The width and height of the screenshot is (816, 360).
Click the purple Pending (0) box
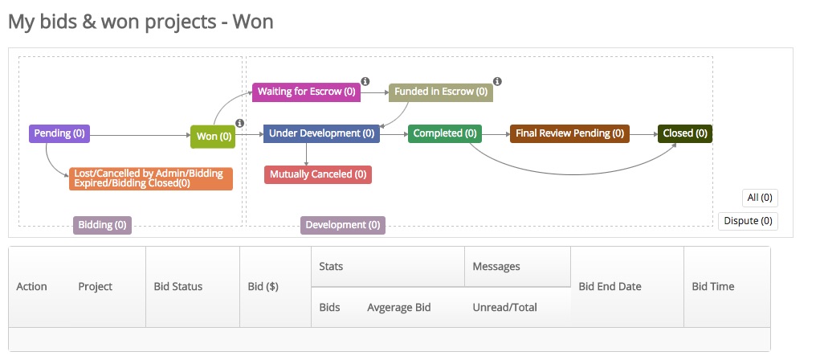click(59, 133)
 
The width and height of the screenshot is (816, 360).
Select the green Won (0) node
click(213, 137)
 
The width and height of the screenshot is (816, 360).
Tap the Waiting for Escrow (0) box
click(306, 92)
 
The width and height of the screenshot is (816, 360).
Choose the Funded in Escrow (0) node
click(440, 92)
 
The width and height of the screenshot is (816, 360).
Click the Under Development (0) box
click(321, 133)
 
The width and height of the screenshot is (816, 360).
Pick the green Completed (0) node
click(444, 133)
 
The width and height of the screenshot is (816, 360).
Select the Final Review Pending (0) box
click(569, 133)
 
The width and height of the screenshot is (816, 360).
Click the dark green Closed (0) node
click(684, 133)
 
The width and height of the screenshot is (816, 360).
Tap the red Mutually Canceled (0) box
click(318, 174)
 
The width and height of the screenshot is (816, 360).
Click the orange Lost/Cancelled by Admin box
click(151, 178)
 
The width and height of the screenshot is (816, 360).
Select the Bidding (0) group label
click(102, 225)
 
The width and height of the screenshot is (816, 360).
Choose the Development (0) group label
click(343, 225)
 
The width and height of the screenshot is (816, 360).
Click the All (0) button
click(759, 198)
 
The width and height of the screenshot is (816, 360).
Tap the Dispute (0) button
click(747, 221)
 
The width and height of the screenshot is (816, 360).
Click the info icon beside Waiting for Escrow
click(365, 81)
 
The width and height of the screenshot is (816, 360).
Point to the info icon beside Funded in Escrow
click(497, 81)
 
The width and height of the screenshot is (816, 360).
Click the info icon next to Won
click(239, 123)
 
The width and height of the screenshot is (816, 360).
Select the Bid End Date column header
click(610, 287)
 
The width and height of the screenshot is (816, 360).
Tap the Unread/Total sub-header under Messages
click(504, 307)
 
